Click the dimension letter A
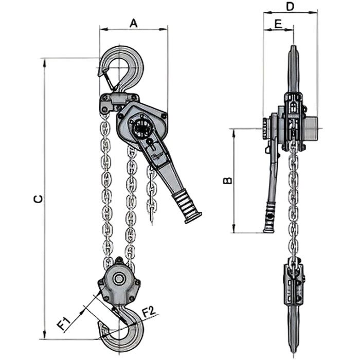[x=134, y=23]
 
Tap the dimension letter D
[x=290, y=7]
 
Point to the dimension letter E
[x=278, y=24]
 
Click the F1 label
[x=63, y=323]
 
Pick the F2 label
[x=149, y=311]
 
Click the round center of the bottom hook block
[x=119, y=279]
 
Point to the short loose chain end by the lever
[x=151, y=195]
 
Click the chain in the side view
[x=293, y=195]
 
